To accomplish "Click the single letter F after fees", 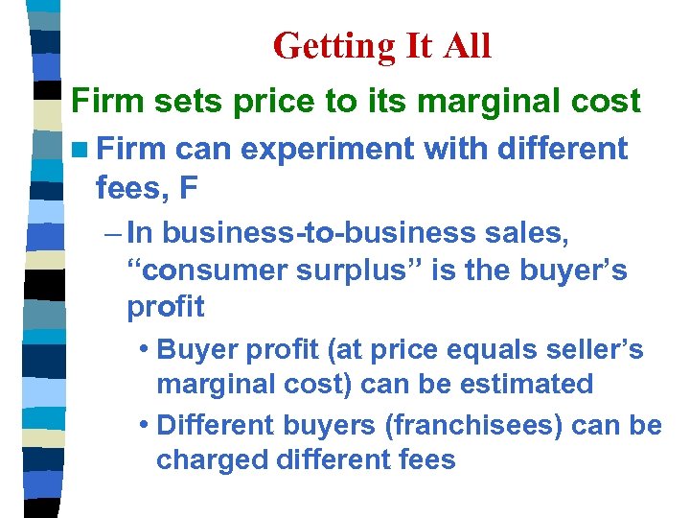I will click(x=189, y=188).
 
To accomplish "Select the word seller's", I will click(x=596, y=349).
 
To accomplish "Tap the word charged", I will click(x=211, y=459).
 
